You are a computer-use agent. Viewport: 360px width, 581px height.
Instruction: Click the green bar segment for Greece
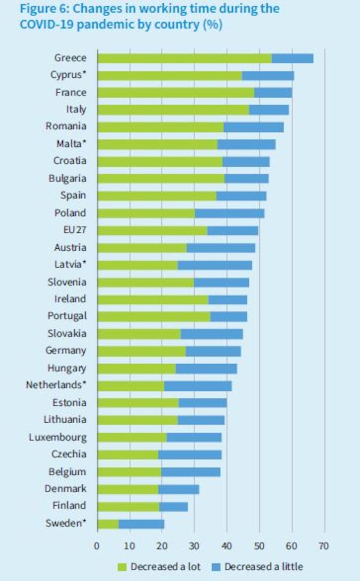click(x=184, y=58)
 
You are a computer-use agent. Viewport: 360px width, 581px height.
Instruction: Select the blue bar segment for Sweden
click(x=141, y=523)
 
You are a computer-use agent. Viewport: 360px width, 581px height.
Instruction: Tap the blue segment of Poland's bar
click(x=229, y=213)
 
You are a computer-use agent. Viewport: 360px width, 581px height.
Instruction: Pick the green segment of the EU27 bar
click(x=152, y=230)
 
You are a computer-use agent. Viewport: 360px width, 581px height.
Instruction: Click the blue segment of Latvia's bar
click(x=215, y=265)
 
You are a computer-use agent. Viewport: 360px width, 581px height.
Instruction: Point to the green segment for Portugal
click(x=154, y=317)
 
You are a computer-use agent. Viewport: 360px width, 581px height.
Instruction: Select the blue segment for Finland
click(x=174, y=506)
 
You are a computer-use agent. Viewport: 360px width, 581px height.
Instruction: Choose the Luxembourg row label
click(x=58, y=437)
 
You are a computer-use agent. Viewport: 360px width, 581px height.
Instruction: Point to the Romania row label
click(x=66, y=126)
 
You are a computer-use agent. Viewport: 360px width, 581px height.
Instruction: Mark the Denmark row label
click(x=65, y=489)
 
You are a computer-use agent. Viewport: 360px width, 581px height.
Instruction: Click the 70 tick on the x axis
click(x=324, y=546)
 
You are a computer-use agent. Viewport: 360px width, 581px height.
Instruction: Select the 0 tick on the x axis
click(x=97, y=546)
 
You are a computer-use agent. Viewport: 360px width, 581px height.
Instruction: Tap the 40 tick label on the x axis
click(x=226, y=546)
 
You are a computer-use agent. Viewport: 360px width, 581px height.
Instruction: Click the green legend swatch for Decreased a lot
click(x=122, y=567)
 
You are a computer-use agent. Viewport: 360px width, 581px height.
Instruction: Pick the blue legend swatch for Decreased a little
click(x=216, y=567)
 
